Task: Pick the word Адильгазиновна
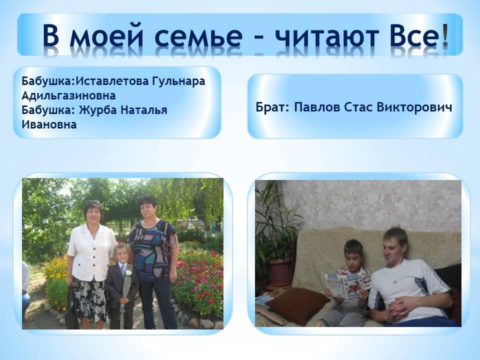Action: [x=68, y=96]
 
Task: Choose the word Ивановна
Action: [x=49, y=124]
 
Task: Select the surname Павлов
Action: [x=317, y=108]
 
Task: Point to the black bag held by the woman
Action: [x=71, y=307]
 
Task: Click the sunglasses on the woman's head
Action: [x=92, y=202]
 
